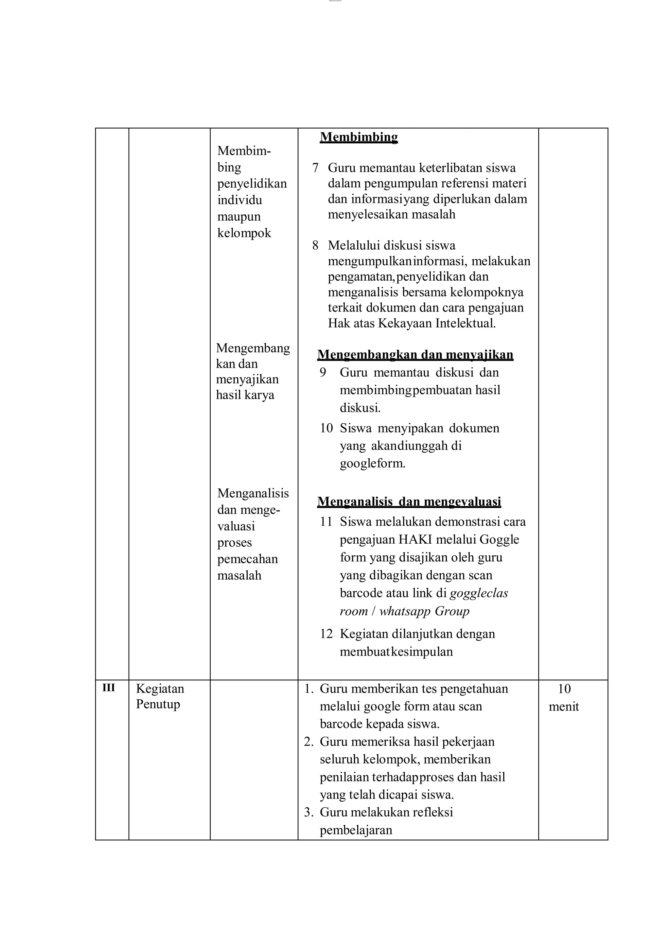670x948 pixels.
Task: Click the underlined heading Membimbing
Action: pos(359,137)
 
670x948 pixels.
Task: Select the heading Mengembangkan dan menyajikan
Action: pos(415,355)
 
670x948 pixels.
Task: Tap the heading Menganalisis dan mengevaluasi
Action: pos(409,502)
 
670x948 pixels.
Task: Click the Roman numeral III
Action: pos(109,688)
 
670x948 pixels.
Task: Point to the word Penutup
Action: pos(158,704)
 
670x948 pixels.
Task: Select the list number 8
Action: pos(315,246)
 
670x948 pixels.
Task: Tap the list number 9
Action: pos(323,372)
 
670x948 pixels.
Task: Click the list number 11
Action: pos(326,522)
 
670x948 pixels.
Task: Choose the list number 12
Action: pos(326,634)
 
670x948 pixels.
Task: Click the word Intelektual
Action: pos(465,323)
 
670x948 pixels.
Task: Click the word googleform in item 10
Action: pos(372,464)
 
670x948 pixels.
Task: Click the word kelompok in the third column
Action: pos(244,233)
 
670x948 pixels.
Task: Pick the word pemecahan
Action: pos(247,559)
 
